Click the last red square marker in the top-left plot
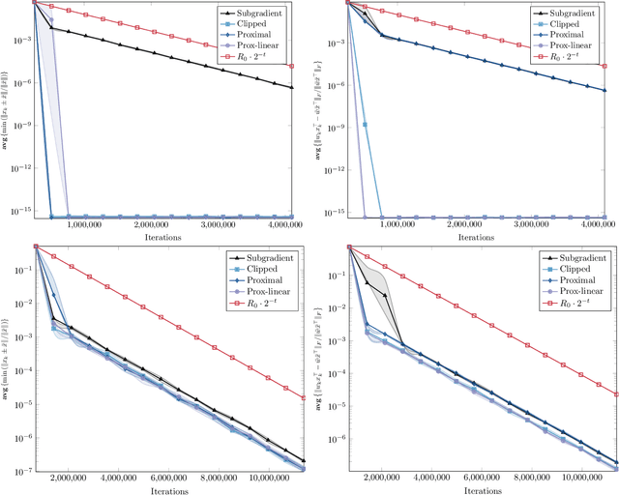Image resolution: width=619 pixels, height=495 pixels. tap(292, 66)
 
